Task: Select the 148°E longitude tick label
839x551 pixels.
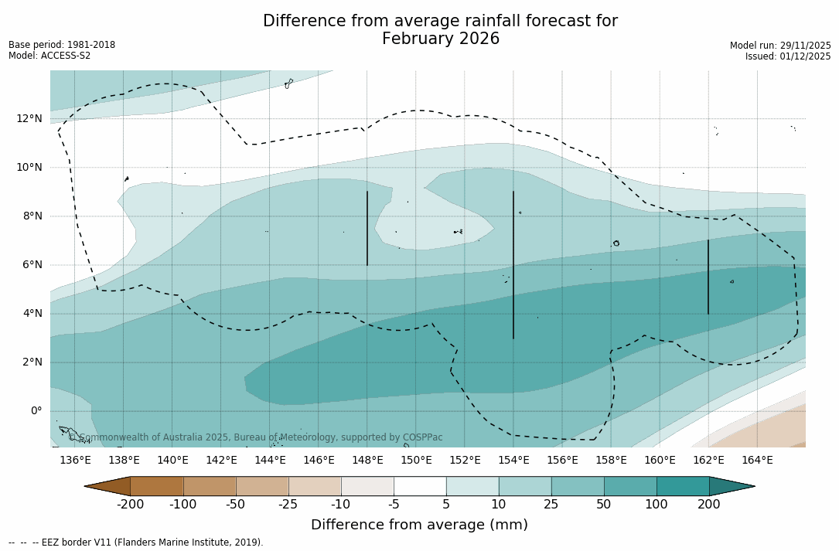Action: [x=367, y=461]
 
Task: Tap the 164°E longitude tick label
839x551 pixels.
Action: [x=757, y=461]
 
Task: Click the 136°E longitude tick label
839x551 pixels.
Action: [x=75, y=461]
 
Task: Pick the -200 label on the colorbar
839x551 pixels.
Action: [x=131, y=505]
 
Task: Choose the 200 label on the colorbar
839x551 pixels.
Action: [x=709, y=505]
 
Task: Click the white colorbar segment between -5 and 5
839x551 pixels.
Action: [x=420, y=486]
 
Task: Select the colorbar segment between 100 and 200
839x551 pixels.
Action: [x=683, y=486]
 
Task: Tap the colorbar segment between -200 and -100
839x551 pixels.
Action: [x=157, y=486]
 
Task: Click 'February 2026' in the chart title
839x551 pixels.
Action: [x=441, y=39]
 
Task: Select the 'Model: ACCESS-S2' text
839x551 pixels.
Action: [x=49, y=56]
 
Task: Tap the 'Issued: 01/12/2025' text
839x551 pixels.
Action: [x=788, y=56]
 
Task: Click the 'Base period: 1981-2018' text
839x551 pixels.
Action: [x=62, y=45]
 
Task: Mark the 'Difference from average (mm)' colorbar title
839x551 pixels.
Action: [x=419, y=525]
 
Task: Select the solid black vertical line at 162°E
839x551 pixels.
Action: [x=708, y=277]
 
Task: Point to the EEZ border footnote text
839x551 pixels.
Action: [x=136, y=542]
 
